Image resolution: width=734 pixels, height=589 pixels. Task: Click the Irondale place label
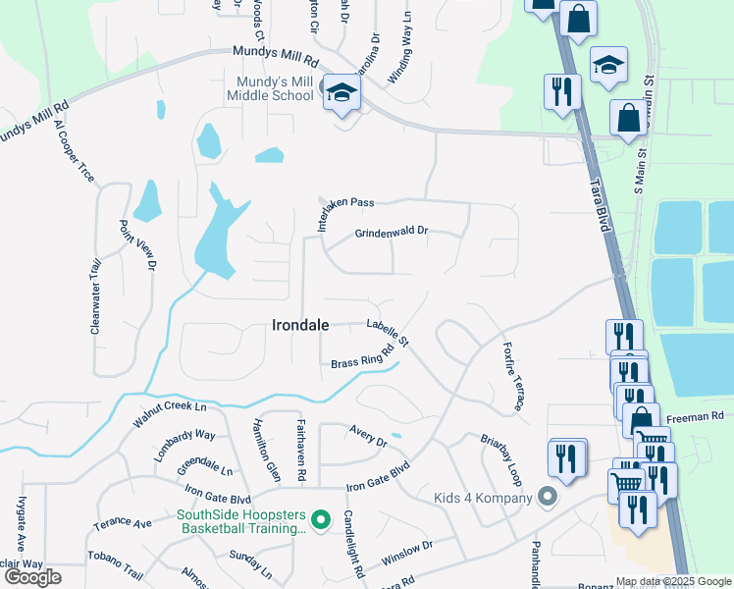click(x=299, y=325)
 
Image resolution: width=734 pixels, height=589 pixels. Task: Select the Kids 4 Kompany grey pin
click(x=548, y=498)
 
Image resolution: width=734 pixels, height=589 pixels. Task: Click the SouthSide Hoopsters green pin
click(x=319, y=518)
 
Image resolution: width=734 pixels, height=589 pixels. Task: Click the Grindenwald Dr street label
click(x=392, y=233)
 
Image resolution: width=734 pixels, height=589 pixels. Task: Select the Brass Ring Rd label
click(x=368, y=354)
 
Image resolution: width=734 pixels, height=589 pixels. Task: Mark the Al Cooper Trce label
click(x=75, y=151)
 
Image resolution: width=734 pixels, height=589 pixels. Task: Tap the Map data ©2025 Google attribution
click(x=674, y=581)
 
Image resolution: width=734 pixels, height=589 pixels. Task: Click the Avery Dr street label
click(x=368, y=435)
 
